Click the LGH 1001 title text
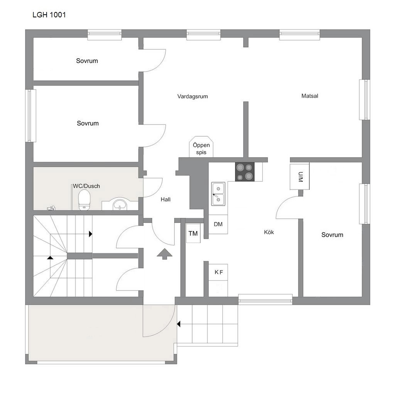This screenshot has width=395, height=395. point(49,15)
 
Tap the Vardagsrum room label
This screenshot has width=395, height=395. point(192,96)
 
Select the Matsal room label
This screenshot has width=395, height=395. point(310,96)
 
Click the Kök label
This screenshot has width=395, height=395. point(269,232)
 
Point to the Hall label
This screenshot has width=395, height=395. point(165,199)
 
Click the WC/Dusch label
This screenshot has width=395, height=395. point(86,186)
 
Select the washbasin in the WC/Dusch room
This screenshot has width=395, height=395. point(120,204)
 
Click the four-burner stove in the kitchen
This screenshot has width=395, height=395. point(245,172)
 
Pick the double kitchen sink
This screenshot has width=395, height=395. point(218,194)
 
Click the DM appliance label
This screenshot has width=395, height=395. point(218,224)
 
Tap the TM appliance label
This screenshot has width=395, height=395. point(193,233)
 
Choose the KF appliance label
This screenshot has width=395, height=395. point(219,272)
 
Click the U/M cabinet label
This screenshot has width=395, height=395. point(300,177)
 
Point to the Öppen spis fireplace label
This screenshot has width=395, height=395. point(201,149)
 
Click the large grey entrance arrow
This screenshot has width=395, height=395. point(164,254)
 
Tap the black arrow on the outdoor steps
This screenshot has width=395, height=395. point(179,324)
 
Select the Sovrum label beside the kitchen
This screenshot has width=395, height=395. point(332,235)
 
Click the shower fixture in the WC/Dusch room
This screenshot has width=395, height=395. point(51,208)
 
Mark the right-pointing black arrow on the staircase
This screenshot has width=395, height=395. point(90,234)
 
